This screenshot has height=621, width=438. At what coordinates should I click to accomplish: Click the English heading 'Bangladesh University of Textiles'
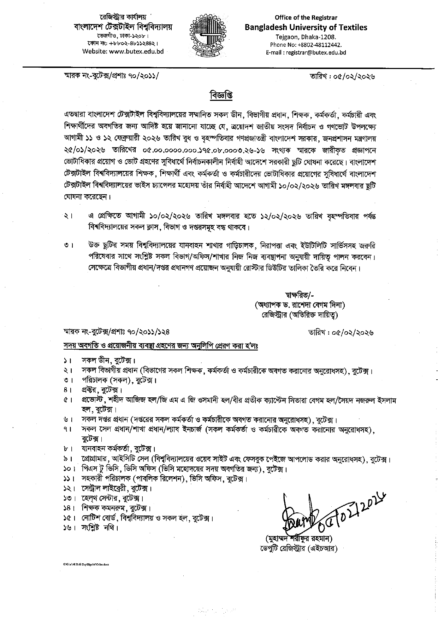(x=306, y=28)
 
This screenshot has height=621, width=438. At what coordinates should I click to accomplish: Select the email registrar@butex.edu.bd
(x=316, y=52)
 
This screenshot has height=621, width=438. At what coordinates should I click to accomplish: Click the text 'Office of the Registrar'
(x=306, y=18)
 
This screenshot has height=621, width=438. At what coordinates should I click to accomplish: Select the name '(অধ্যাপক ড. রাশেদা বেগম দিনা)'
(x=299, y=305)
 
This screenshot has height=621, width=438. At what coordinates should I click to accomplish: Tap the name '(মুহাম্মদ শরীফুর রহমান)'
(x=298, y=539)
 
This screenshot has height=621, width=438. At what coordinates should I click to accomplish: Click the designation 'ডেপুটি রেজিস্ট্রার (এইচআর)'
(x=298, y=549)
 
